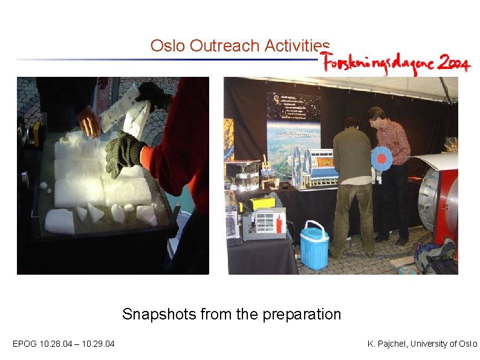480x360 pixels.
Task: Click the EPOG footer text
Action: (24, 344)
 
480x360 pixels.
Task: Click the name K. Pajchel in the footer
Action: (389, 344)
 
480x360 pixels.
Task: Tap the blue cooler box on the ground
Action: (314, 246)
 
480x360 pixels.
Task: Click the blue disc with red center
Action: (381, 158)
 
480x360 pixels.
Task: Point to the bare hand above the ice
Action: (89, 121)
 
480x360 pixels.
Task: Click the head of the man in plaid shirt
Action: (375, 115)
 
